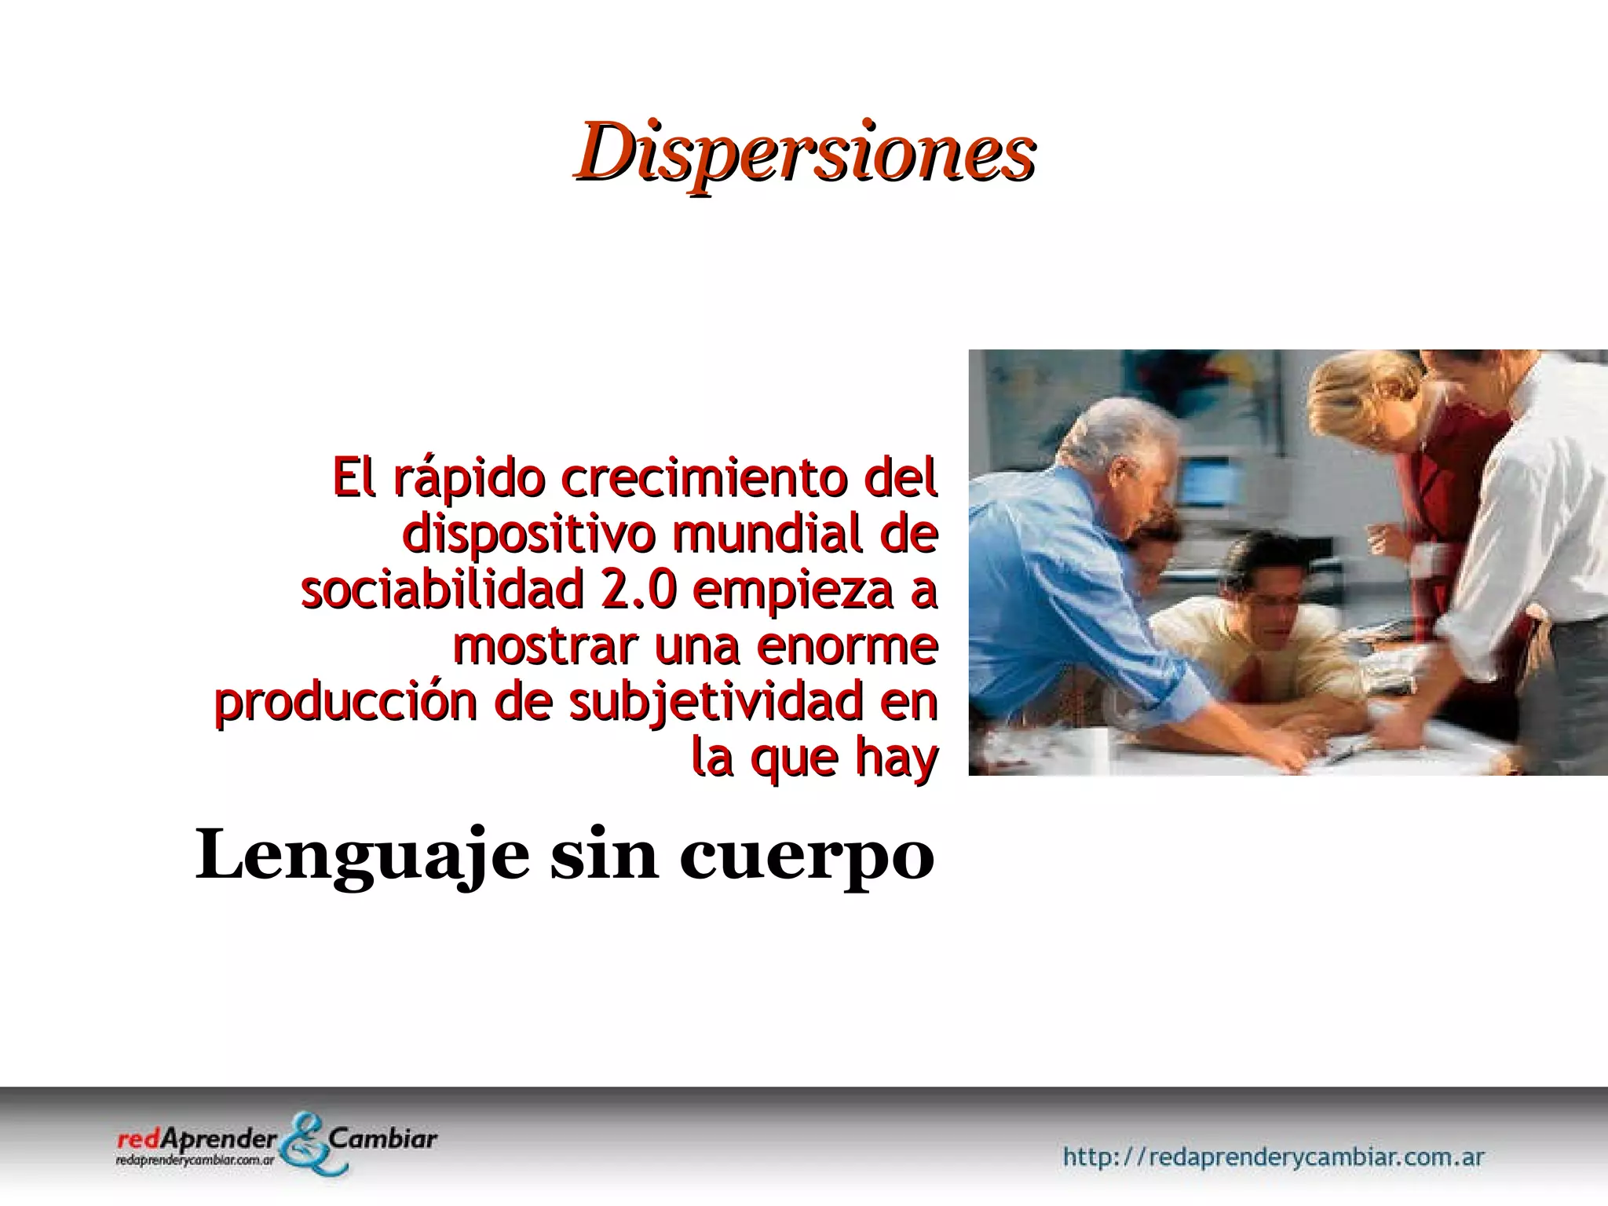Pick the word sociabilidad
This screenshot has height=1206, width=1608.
click(x=440, y=591)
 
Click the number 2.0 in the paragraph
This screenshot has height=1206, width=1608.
click(x=637, y=591)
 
